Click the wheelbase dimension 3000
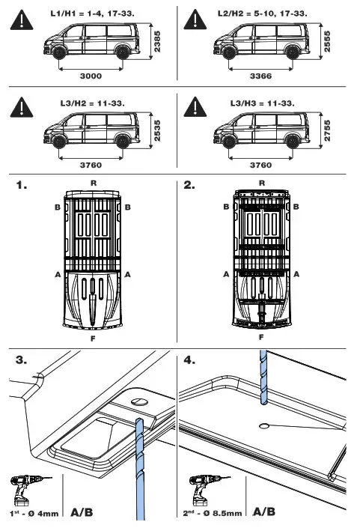click(90, 76)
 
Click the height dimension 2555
click(328, 43)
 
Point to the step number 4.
click(190, 359)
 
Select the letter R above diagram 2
click(261, 182)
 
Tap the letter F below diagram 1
click(93, 338)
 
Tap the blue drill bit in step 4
click(262, 382)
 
